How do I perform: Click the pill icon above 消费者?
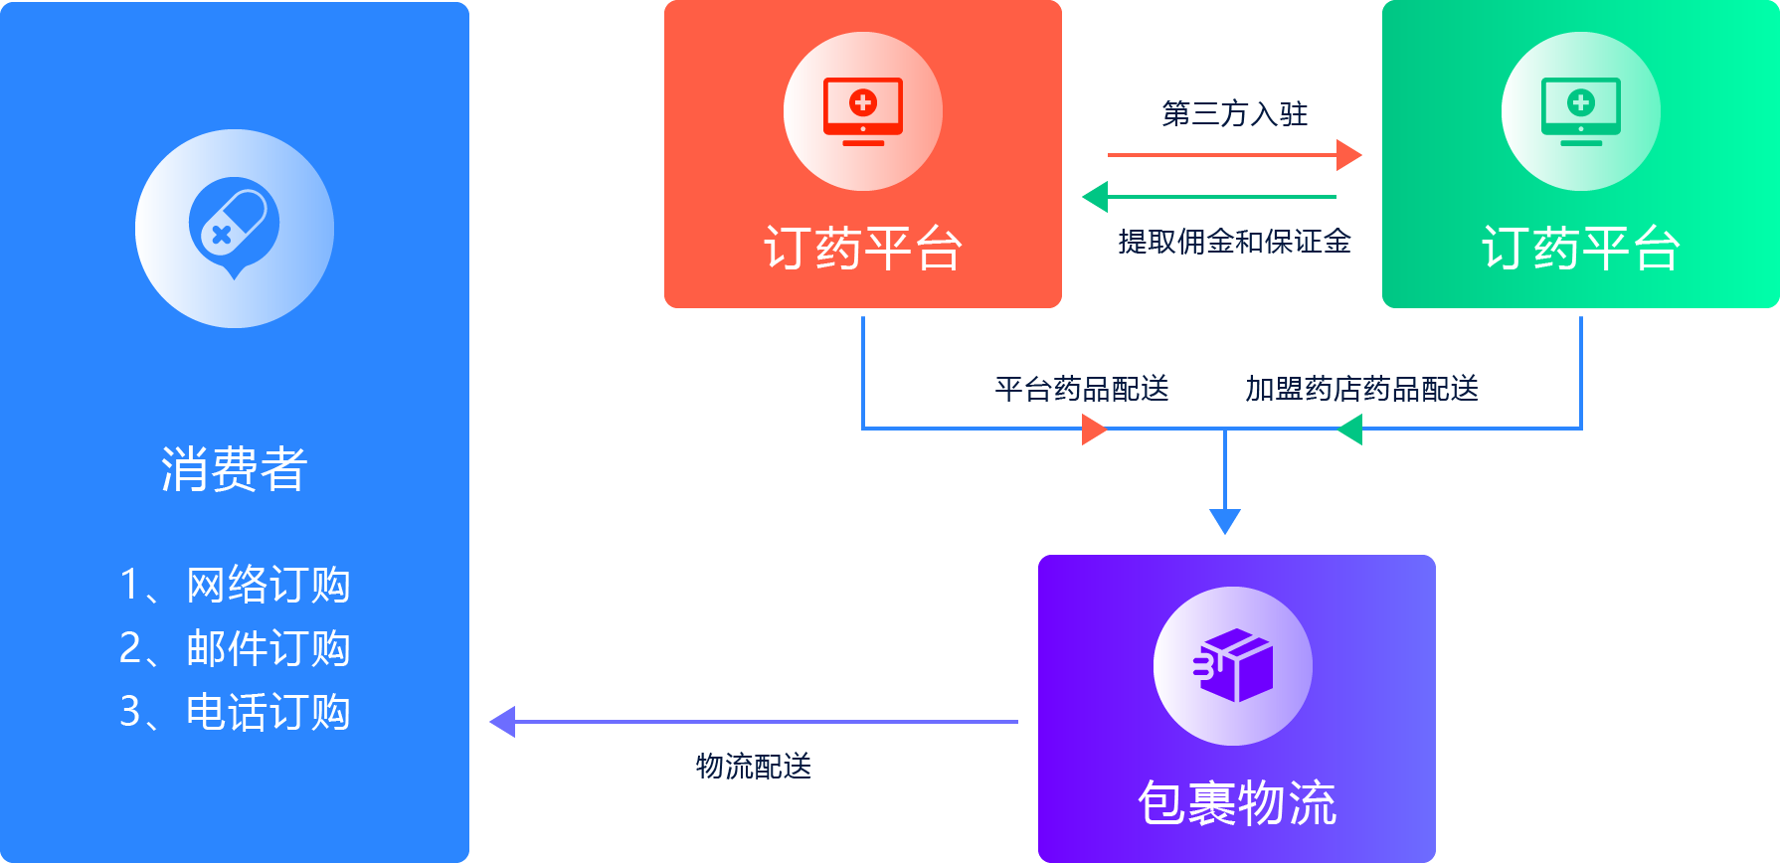tap(234, 228)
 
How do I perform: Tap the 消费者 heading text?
tap(234, 468)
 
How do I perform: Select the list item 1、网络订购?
tap(234, 585)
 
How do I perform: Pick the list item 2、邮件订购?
tap(234, 648)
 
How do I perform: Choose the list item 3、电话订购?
tap(234, 712)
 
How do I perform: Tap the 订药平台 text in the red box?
tap(862, 248)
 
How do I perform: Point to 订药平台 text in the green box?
tap(1580, 248)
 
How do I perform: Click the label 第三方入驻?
tap(1234, 113)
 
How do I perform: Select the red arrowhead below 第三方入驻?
tap(1349, 155)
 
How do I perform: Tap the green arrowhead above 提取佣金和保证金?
tap(1095, 197)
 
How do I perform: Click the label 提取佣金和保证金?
tap(1234, 242)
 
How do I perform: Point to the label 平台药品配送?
tap(1082, 389)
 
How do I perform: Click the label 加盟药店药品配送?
tap(1361, 389)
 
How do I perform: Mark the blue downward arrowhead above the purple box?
tap(1224, 520)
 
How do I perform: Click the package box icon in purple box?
tap(1233, 665)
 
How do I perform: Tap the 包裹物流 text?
tap(1236, 802)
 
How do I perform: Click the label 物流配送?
tap(753, 767)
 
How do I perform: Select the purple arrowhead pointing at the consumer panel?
tap(503, 722)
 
